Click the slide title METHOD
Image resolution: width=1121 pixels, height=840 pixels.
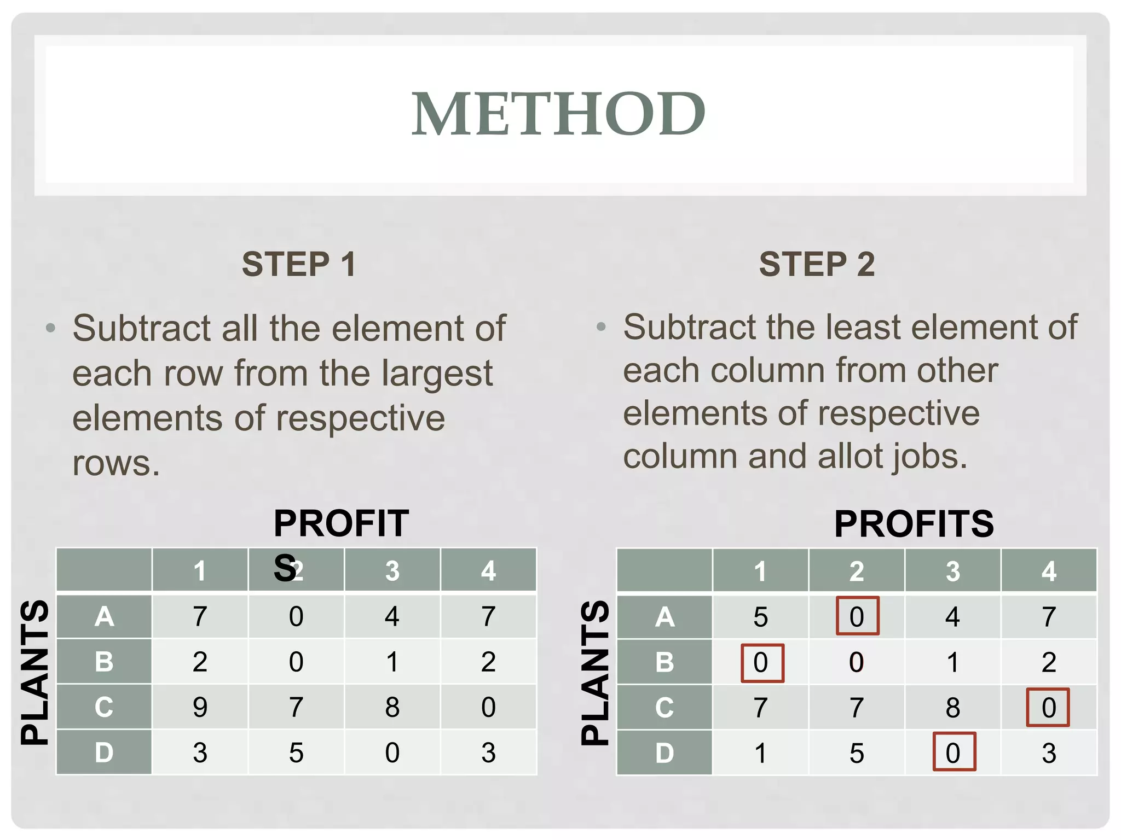point(558,114)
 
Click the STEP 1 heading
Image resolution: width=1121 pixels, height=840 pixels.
point(299,264)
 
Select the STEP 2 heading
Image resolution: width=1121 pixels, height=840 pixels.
point(817,264)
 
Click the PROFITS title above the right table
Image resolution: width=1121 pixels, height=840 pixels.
point(914,524)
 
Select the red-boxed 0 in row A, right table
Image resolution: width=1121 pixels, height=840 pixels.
point(857,616)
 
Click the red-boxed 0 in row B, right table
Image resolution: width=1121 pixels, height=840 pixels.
point(761,662)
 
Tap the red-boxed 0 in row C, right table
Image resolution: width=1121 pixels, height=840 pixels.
point(1048,707)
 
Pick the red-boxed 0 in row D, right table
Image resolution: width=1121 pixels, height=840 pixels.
point(953,752)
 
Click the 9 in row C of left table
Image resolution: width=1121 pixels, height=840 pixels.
point(200,707)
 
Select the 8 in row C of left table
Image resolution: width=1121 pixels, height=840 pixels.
point(392,707)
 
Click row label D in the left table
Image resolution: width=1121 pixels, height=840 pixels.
point(104,752)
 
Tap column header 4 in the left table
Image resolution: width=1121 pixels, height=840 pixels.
point(488,571)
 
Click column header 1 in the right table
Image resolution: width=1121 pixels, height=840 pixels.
point(760,571)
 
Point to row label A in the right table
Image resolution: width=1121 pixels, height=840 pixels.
point(664,617)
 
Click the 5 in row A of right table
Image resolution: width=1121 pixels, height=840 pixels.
point(760,617)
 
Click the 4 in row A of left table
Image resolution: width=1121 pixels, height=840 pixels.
point(392,616)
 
